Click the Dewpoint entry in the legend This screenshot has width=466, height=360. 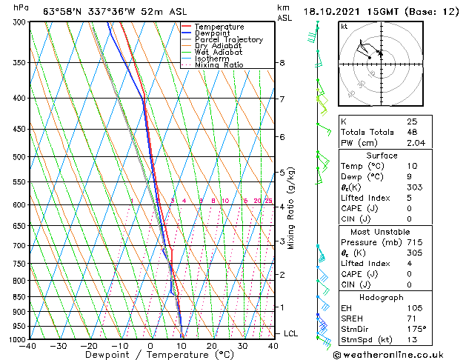[214, 33]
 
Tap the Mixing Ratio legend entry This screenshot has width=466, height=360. [219, 65]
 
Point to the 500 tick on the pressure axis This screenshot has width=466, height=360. [16, 157]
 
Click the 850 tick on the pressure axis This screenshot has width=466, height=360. [16, 297]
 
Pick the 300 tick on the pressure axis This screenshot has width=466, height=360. [16, 22]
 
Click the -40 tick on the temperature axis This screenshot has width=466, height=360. [28, 346]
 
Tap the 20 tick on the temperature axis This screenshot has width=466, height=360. [211, 346]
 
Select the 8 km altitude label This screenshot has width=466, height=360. [282, 63]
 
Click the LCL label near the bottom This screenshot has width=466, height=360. [290, 333]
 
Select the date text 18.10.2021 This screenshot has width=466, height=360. [332, 11]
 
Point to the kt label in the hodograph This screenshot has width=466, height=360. [344, 26]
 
